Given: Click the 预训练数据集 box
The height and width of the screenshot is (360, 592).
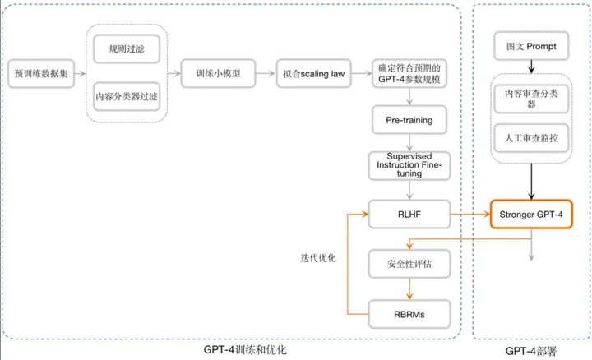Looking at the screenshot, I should [40, 73].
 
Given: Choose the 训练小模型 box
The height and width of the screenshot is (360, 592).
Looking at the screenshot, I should [220, 72].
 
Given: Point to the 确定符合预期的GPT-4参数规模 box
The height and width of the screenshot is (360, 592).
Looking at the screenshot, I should [409, 72].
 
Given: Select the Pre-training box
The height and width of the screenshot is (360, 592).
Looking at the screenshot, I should [409, 120].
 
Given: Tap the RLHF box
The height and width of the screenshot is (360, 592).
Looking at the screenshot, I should [409, 215].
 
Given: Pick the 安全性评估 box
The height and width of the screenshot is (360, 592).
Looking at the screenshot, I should [409, 265].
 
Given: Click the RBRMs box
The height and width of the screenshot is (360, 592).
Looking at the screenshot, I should [409, 314].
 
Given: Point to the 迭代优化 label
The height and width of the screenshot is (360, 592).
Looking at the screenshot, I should [319, 257].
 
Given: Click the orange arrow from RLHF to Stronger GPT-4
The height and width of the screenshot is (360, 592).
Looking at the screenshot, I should [468, 215].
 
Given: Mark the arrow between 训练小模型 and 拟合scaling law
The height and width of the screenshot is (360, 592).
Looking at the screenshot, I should [264, 72].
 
